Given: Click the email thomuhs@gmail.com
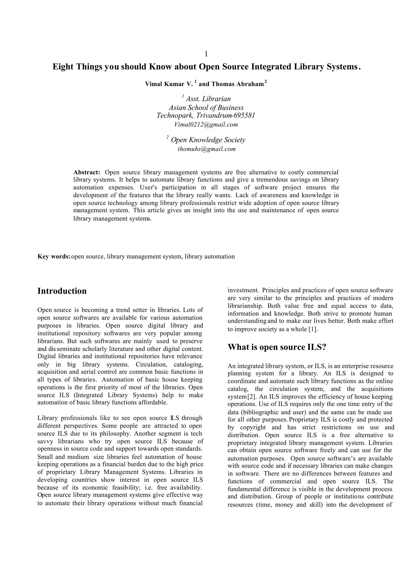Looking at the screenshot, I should coord(206,149).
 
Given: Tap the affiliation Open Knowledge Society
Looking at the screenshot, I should coord(208,140).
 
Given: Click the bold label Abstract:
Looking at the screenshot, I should coord(87,172).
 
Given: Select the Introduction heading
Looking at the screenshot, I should coord(62,291).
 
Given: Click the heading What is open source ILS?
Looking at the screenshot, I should coord(277,347).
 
